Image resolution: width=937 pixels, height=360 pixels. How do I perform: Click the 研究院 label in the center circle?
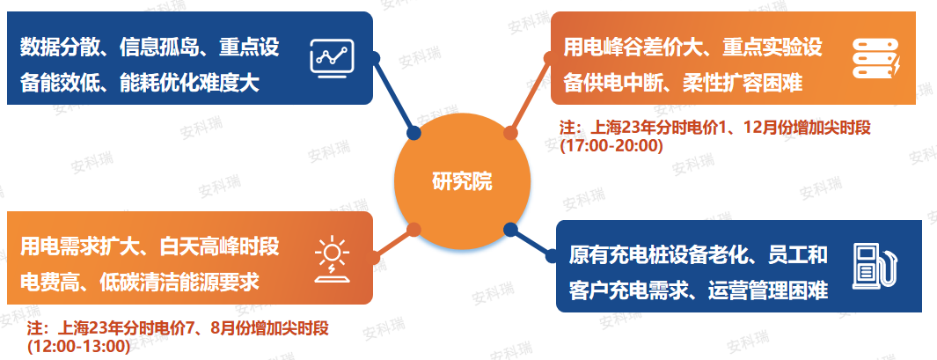(x=462, y=182)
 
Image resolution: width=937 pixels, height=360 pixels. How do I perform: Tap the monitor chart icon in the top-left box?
(x=333, y=58)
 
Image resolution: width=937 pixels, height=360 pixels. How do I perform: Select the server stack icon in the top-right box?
(x=875, y=57)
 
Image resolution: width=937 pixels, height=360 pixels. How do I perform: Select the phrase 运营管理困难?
(x=777, y=290)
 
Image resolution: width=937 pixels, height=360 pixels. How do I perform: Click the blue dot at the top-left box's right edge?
(x=375, y=59)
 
